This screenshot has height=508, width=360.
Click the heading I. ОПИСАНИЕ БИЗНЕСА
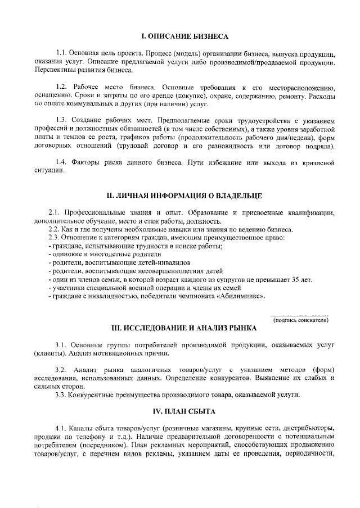pyautogui.click(x=184, y=36)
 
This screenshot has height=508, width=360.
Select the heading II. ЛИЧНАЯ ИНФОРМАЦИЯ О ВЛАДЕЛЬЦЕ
pyautogui.click(x=184, y=196)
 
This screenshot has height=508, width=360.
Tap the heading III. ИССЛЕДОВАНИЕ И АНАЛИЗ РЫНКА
pyautogui.click(x=184, y=328)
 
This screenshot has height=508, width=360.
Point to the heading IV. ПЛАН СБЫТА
pyautogui.click(x=184, y=411)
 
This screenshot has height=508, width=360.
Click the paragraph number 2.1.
pyautogui.click(x=55, y=214)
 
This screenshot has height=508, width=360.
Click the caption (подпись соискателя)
pyautogui.click(x=300, y=320)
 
